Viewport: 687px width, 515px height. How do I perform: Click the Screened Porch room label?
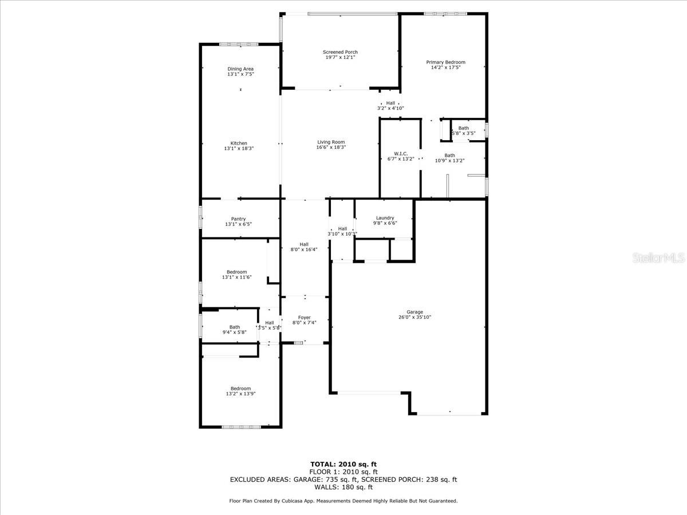point(340,52)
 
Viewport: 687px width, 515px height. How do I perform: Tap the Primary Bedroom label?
point(445,62)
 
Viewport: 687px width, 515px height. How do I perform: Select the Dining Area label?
point(240,69)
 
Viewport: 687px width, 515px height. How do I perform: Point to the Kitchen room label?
point(239,143)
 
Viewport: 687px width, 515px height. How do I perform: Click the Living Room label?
point(331,142)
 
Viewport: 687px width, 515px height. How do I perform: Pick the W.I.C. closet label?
point(400,153)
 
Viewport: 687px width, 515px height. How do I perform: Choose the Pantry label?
point(239,219)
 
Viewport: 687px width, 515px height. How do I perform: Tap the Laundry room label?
point(385,218)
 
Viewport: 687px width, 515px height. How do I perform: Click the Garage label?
point(415,312)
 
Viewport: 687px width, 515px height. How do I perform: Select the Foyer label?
point(304,318)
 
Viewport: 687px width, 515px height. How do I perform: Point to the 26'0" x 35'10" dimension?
point(415,317)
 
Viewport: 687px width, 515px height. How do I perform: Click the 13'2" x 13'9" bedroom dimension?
point(239,394)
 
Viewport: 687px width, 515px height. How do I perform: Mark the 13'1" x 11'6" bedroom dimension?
point(236,277)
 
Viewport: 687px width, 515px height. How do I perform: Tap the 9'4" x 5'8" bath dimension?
point(235,332)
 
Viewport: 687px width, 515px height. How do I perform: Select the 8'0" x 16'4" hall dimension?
point(304,249)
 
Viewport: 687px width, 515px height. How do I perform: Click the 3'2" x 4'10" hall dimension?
point(390,108)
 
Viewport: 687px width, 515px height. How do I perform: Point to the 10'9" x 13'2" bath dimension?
point(449,161)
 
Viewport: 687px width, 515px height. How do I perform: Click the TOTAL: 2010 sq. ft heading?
point(343,464)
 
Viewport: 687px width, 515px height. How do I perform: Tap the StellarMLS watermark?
point(658,259)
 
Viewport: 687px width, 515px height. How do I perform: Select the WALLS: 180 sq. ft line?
point(343,487)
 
